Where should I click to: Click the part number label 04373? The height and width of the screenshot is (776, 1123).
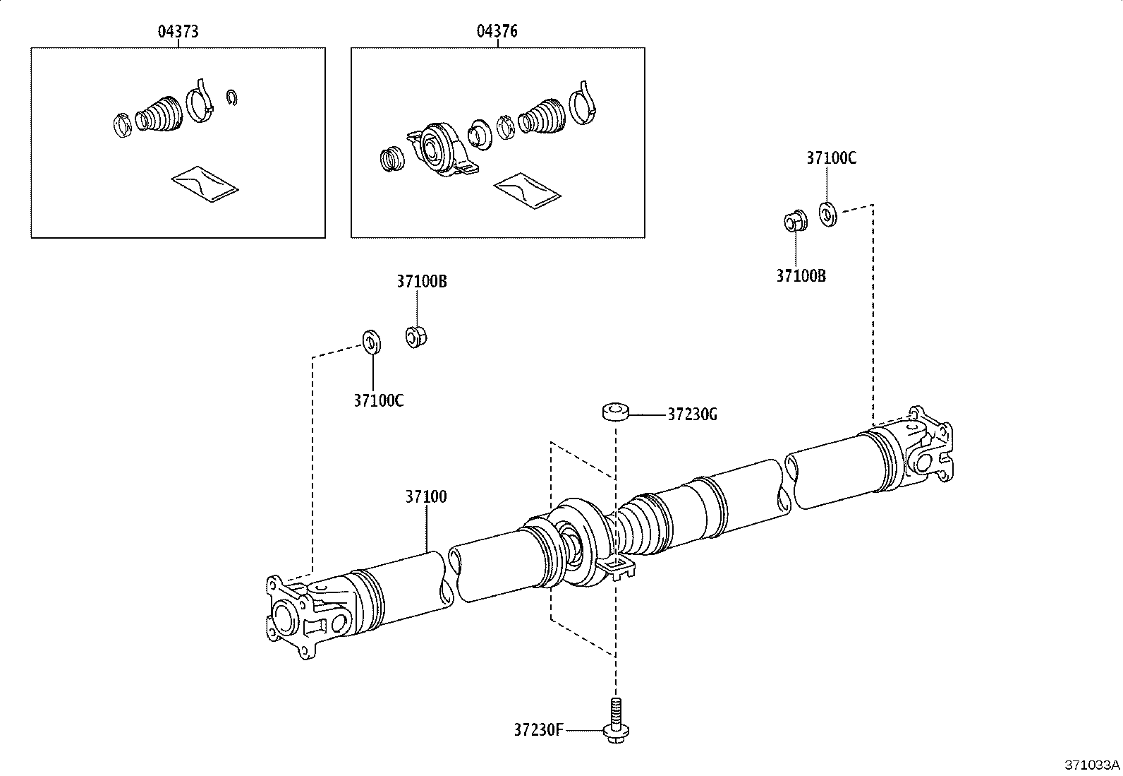tap(177, 31)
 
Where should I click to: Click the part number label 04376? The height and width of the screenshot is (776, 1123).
tap(497, 31)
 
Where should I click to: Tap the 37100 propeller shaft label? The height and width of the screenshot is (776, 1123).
tap(425, 496)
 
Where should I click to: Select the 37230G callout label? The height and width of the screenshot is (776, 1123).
tap(692, 414)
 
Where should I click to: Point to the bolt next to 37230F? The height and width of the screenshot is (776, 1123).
tap(616, 720)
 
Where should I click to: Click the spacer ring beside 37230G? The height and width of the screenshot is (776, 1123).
tap(616, 412)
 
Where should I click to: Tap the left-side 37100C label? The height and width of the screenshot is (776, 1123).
tap(378, 400)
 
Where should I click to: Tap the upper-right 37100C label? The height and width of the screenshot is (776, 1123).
tap(831, 158)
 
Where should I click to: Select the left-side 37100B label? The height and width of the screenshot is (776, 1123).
tap(421, 281)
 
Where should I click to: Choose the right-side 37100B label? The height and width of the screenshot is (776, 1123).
tap(801, 276)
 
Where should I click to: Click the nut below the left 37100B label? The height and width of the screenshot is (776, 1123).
tap(416, 335)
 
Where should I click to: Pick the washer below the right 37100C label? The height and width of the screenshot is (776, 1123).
tap(828, 213)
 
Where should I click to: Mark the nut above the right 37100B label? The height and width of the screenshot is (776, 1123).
tap(794, 221)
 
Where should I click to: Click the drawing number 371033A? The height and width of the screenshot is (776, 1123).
tap(1091, 765)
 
